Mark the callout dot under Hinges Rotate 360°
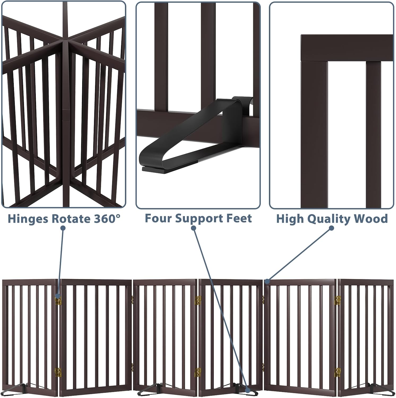pos(63,228)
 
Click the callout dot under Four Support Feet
pos(194,228)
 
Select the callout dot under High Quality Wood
pos(332,228)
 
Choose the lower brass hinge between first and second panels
pos(58,372)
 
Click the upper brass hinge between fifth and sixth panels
pos(337,300)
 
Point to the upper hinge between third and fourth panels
pos(197,300)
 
